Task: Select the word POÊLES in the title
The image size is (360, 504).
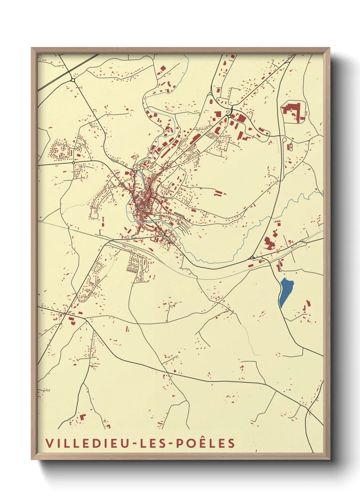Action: (206, 443)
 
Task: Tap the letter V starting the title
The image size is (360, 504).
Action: (49, 443)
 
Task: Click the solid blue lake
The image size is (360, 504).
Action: (285, 292)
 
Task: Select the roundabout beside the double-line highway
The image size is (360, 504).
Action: (73, 80)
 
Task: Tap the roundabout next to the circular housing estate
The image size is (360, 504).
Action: (73, 163)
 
